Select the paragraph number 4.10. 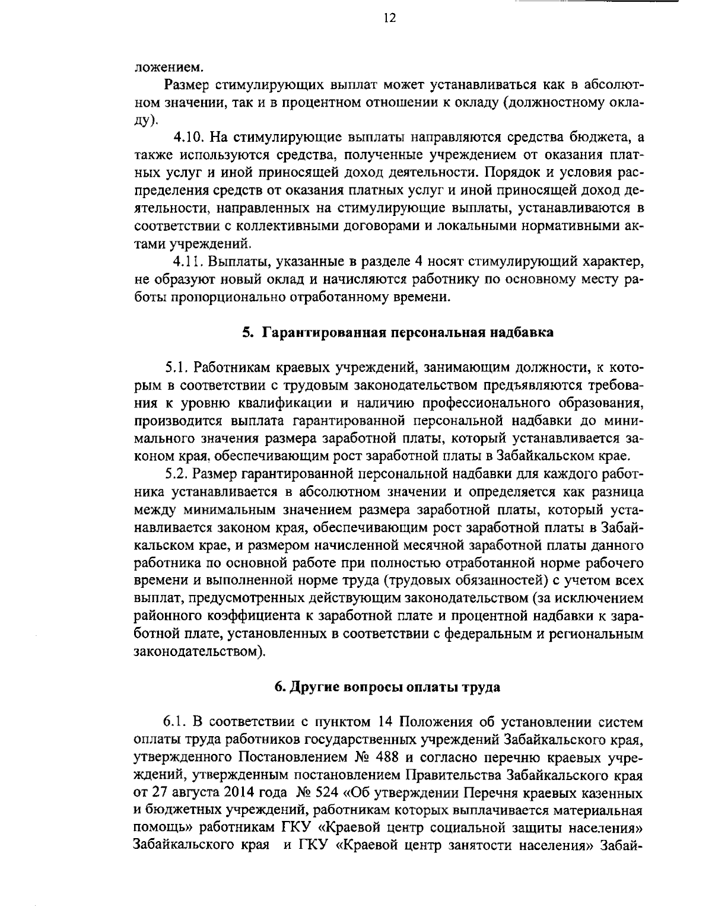pyautogui.click(x=188, y=138)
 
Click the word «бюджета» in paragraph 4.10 pyautogui.click(x=601, y=138)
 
